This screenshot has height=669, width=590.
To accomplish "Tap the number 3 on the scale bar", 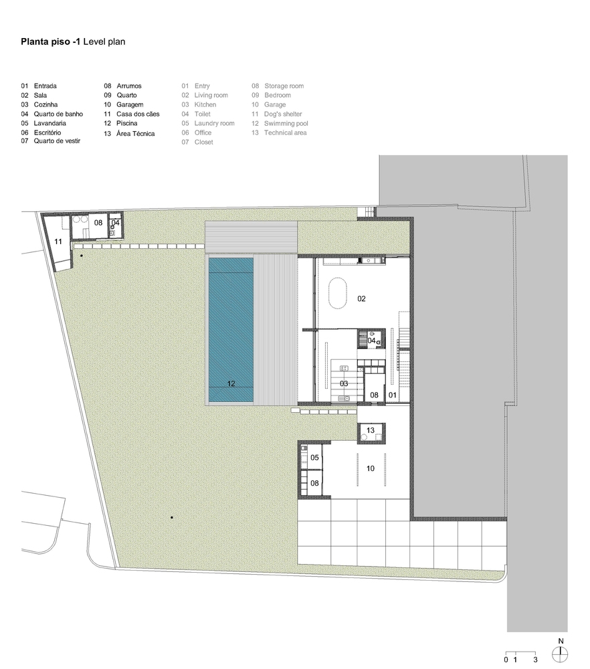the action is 535,660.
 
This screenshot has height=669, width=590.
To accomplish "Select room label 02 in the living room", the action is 361,298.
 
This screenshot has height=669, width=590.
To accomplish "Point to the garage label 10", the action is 371,468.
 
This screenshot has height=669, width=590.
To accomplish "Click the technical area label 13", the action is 371,430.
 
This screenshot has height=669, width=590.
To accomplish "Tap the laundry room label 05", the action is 314,458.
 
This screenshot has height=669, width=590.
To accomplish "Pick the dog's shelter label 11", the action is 58,242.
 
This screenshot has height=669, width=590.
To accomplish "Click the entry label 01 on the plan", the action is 393,395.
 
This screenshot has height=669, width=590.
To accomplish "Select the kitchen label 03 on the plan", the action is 344,383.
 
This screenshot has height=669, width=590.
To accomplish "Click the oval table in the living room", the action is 338,293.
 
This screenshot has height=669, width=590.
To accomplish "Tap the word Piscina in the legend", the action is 126,123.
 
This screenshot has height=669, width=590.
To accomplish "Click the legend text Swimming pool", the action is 286,123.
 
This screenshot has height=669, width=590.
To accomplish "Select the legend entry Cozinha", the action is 45,104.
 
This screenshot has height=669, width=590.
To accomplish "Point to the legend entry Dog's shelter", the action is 283,114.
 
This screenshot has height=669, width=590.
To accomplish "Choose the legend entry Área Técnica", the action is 135,134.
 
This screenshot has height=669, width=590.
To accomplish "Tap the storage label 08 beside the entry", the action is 374,395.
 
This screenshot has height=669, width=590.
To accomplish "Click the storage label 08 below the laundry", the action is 314,483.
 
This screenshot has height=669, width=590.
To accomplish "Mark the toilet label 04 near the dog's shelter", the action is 115,222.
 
